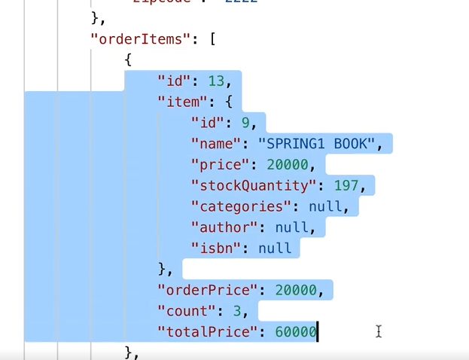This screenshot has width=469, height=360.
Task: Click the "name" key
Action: [219, 143]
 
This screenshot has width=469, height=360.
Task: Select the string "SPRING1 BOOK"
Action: [326, 143]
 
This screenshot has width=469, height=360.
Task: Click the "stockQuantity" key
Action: [252, 185]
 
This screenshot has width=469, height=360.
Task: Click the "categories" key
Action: [240, 206]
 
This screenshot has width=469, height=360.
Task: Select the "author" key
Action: [227, 227]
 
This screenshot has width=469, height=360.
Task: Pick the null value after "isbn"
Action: [275, 248]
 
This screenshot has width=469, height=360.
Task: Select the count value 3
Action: [245, 310]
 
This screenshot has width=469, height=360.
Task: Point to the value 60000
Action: [295, 331]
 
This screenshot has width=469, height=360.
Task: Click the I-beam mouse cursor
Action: [379, 331]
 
